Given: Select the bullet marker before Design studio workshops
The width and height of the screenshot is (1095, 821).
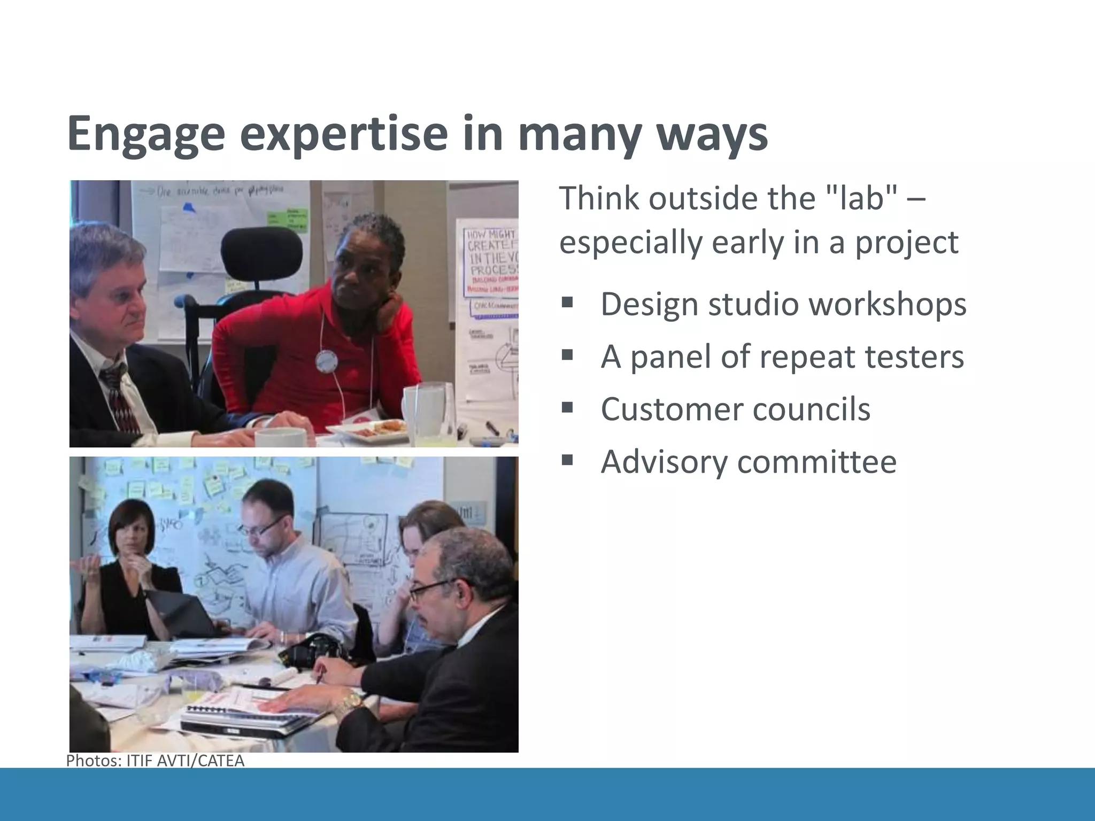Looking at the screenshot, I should click(x=567, y=304).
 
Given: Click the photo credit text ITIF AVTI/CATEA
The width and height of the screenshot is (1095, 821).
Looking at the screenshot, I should click(x=185, y=761).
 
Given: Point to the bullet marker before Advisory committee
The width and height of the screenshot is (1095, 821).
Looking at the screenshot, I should click(x=567, y=460).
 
